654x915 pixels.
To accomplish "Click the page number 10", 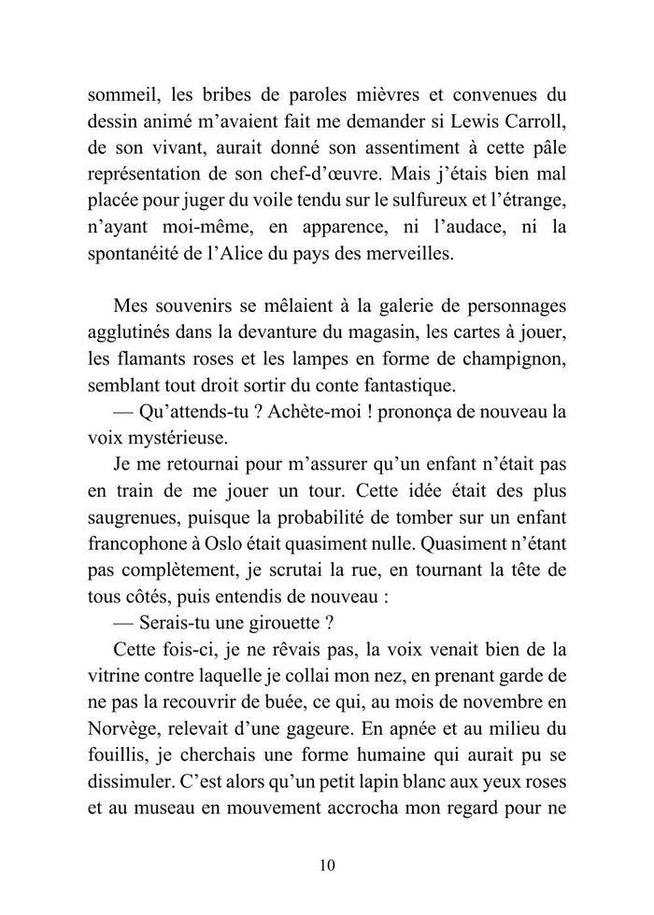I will [326, 864].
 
